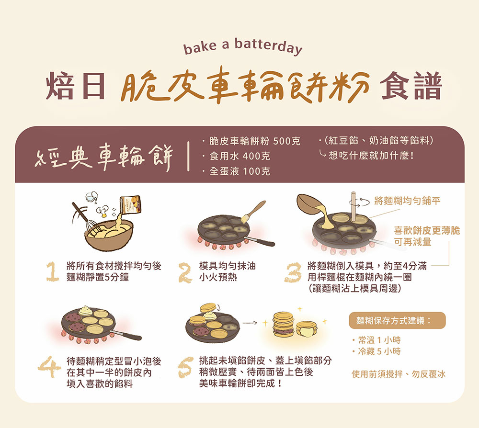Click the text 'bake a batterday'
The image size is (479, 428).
point(243,47)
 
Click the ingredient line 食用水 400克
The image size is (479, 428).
point(239,156)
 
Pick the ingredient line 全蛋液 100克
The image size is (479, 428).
point(239,171)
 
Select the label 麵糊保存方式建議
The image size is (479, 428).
point(397,320)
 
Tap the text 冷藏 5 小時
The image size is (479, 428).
point(379,351)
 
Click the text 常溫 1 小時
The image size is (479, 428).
point(379,340)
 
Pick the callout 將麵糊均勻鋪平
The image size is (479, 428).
point(407,201)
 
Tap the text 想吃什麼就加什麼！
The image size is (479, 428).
point(371,156)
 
